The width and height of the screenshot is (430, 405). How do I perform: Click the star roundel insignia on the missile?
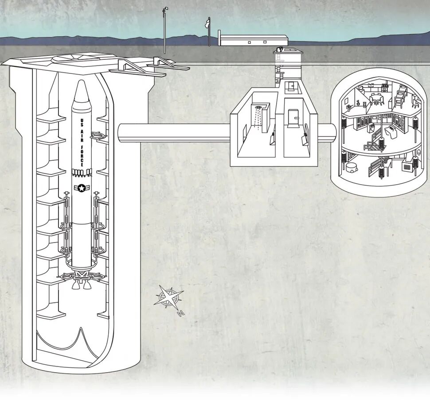click(82, 189)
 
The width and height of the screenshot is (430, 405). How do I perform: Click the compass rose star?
click(168, 297)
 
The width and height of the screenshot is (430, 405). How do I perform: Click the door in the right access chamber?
click(293, 118)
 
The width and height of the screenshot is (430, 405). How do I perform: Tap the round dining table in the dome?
click(376, 96)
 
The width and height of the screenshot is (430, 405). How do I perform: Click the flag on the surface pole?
click(207, 22)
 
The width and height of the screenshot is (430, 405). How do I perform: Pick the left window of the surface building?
click(249, 42)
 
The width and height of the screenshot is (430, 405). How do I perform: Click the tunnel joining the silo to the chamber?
click(173, 133)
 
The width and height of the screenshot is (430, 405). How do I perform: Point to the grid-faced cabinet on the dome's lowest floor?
click(407, 168)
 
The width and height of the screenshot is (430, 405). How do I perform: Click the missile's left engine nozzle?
click(75, 285)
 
